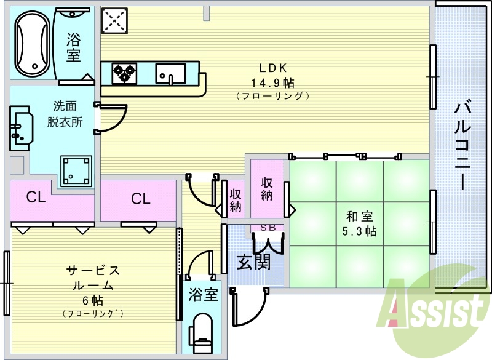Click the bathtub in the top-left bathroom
(x=33, y=44)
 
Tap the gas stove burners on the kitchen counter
(x=125, y=73)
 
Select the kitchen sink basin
(x=171, y=74)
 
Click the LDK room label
(x=272, y=68)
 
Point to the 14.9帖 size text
(x=272, y=83)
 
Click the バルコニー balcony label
(x=462, y=145)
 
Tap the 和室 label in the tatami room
(x=360, y=216)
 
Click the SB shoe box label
(x=268, y=228)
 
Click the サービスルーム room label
(x=93, y=278)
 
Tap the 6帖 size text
(x=93, y=301)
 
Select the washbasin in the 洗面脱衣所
(x=21, y=129)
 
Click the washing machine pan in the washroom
(x=76, y=170)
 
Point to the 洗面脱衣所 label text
(x=65, y=114)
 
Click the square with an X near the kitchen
(x=114, y=20)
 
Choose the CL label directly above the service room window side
(x=36, y=198)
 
